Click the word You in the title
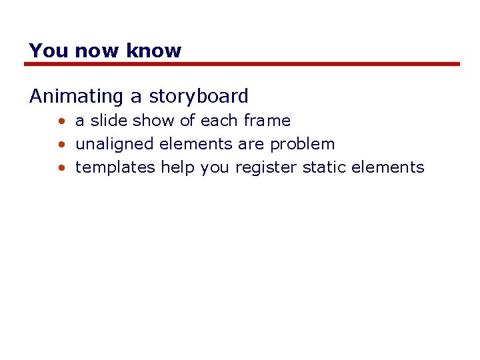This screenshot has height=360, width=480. pyautogui.click(x=49, y=51)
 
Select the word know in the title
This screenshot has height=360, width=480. pyautogui.click(x=155, y=51)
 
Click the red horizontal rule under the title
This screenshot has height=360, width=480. pyautogui.click(x=243, y=64)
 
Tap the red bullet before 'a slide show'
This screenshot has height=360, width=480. pyautogui.click(x=61, y=121)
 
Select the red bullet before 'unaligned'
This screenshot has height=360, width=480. pyautogui.click(x=61, y=145)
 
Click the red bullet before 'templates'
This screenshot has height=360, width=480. pyautogui.click(x=61, y=168)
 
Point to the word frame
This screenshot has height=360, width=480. pyautogui.click(x=267, y=121)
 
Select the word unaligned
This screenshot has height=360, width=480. pyautogui.click(x=115, y=144)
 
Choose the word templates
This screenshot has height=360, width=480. pyautogui.click(x=115, y=167)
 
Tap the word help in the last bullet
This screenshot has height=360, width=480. pyautogui.click(x=177, y=167)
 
